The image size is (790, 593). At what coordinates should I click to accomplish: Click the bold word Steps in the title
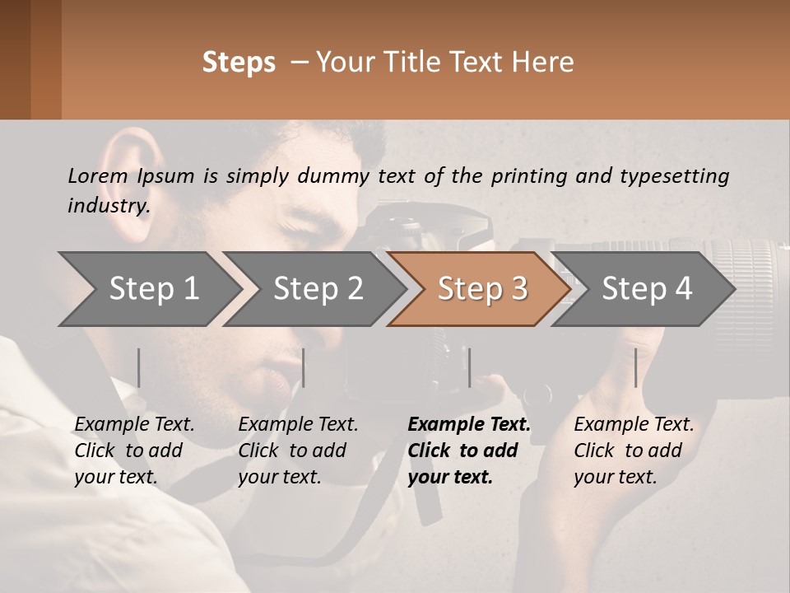[239, 63]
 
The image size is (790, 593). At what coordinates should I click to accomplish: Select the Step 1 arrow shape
[148, 289]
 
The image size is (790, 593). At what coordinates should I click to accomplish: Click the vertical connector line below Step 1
[138, 367]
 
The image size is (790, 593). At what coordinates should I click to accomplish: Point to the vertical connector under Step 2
[304, 367]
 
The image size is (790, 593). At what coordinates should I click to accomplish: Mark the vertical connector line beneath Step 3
[469, 367]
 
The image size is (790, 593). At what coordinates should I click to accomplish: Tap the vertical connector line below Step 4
[635, 367]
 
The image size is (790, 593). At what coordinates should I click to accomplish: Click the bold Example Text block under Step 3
[469, 451]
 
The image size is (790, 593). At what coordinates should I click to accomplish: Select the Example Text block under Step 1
[134, 451]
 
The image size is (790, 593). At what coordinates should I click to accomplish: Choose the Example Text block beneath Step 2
[298, 451]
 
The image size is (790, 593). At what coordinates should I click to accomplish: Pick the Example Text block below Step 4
[634, 451]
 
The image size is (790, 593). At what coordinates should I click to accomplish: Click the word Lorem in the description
[97, 175]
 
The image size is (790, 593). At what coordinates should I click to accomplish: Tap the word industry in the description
[108, 206]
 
